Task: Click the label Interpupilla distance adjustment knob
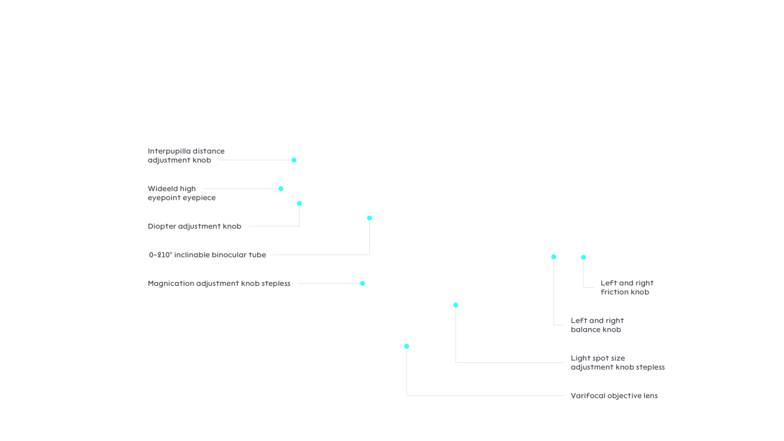click(x=186, y=156)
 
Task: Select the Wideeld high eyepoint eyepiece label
click(x=181, y=193)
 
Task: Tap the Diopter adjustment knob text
click(x=194, y=226)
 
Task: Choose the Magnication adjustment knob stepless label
click(x=219, y=284)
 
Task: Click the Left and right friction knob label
click(x=627, y=287)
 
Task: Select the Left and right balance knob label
click(x=597, y=325)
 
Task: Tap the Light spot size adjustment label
click(x=617, y=363)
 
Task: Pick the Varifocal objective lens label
click(x=614, y=396)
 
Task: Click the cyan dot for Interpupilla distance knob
click(x=294, y=160)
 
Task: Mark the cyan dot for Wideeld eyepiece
click(x=281, y=189)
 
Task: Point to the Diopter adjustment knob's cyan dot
click(x=299, y=203)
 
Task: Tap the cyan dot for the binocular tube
click(x=370, y=218)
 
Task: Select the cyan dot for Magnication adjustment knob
click(x=363, y=283)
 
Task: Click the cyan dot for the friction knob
click(x=583, y=257)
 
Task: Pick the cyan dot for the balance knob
click(x=554, y=257)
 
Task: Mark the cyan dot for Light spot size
click(x=456, y=305)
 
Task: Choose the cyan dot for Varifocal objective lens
click(x=407, y=346)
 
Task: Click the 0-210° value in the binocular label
click(x=160, y=255)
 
